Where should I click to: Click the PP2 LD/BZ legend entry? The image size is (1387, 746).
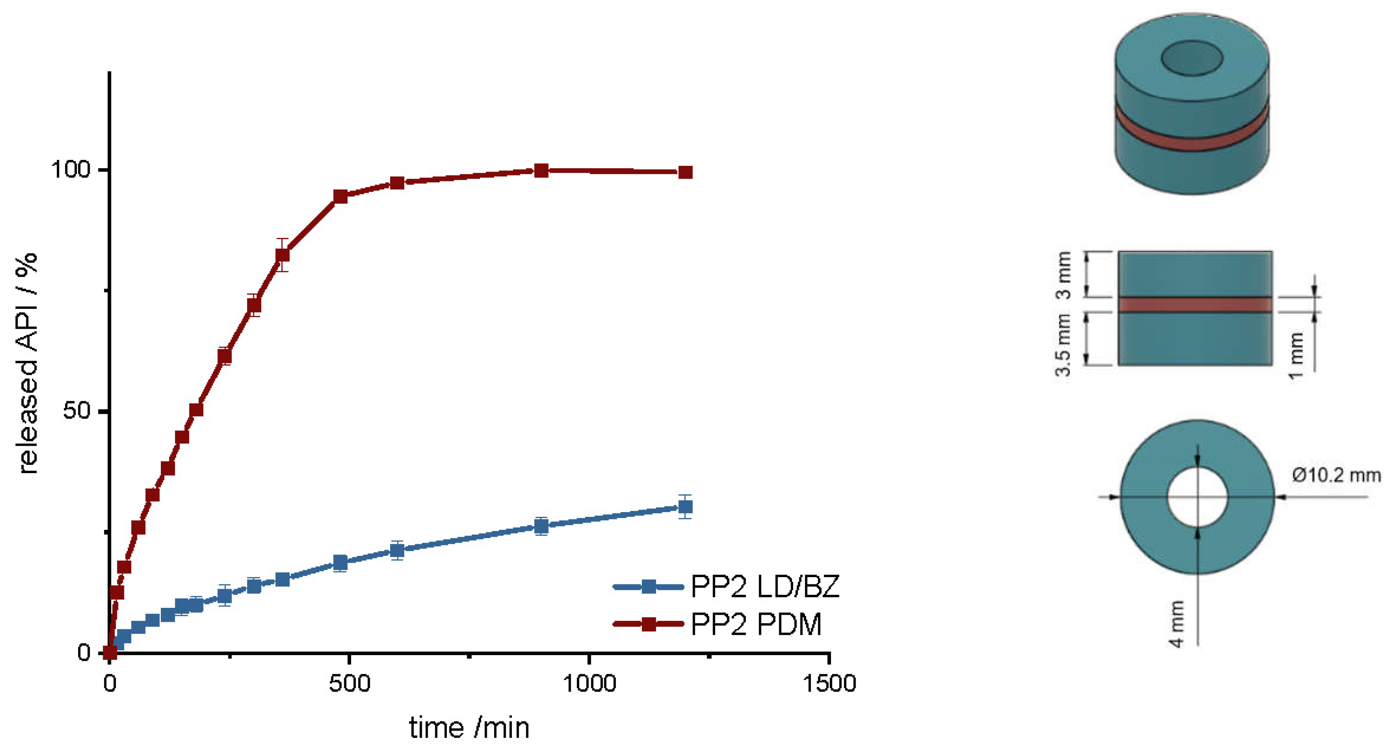click(x=764, y=587)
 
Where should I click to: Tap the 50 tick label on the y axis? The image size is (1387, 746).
click(x=76, y=411)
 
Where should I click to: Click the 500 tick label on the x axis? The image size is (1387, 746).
click(x=349, y=684)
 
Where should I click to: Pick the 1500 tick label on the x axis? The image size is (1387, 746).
click(x=829, y=684)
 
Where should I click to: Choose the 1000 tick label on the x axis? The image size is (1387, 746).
click(x=589, y=684)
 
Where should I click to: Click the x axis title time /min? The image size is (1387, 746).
click(x=469, y=728)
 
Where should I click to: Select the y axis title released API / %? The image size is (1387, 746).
click(x=27, y=363)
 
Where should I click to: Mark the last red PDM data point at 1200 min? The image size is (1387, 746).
click(x=685, y=172)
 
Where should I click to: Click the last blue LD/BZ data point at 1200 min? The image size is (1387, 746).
click(x=685, y=506)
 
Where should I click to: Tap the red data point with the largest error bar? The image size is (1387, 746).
click(x=282, y=255)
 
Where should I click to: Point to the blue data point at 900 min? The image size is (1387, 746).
click(x=541, y=526)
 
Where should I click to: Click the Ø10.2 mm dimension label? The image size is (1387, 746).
click(x=1336, y=475)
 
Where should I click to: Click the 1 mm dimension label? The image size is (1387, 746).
click(x=1296, y=355)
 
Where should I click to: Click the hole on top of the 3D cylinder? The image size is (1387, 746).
click(x=1192, y=58)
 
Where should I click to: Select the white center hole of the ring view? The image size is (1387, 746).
click(x=1198, y=496)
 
